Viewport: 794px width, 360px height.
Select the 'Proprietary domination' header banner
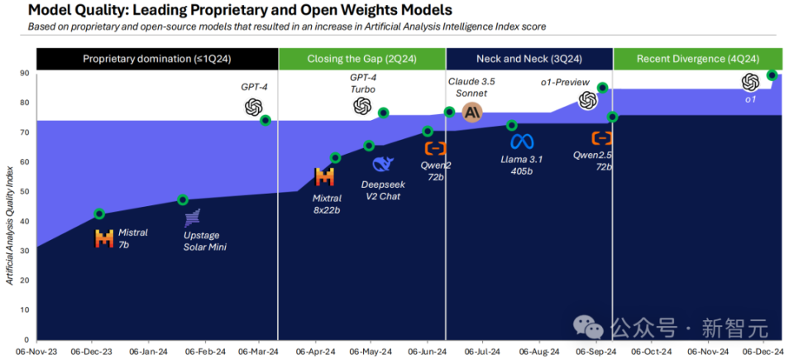coord(157,59)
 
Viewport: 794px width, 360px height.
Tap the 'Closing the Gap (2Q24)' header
coord(361,59)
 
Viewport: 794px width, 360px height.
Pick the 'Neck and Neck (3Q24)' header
coord(529,59)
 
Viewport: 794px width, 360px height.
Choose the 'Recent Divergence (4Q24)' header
coord(697,59)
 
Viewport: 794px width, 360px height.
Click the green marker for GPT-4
coord(265,120)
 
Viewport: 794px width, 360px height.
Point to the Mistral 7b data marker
coord(99,214)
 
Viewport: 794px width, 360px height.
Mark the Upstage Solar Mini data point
coord(183,199)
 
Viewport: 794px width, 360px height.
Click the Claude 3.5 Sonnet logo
coord(472,113)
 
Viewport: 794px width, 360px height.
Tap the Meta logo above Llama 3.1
coord(522,141)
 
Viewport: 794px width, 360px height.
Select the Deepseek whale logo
coord(383,164)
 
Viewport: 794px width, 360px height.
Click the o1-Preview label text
coord(566,83)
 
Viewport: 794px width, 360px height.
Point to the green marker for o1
coord(772,75)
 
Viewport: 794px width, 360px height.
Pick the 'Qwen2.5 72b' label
coord(594,161)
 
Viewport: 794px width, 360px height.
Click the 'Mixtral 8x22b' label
coord(326,204)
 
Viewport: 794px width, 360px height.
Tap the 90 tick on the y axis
coord(25,74)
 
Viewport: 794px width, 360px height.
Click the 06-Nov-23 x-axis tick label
coord(36,351)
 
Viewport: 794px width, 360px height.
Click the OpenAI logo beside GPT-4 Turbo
coord(362,106)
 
